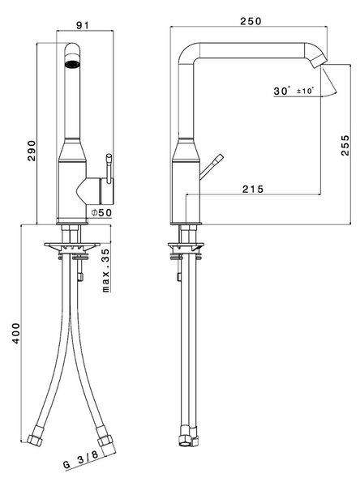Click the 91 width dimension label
[x=83, y=25]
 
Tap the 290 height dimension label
[x=32, y=151]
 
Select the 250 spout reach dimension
[x=251, y=21]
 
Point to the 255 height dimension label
[x=345, y=145]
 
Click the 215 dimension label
[x=253, y=189]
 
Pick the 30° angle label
[x=282, y=91]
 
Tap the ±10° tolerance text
[x=305, y=91]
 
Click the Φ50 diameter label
[x=101, y=212]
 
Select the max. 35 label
[x=106, y=271]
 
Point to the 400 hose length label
[x=16, y=333]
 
